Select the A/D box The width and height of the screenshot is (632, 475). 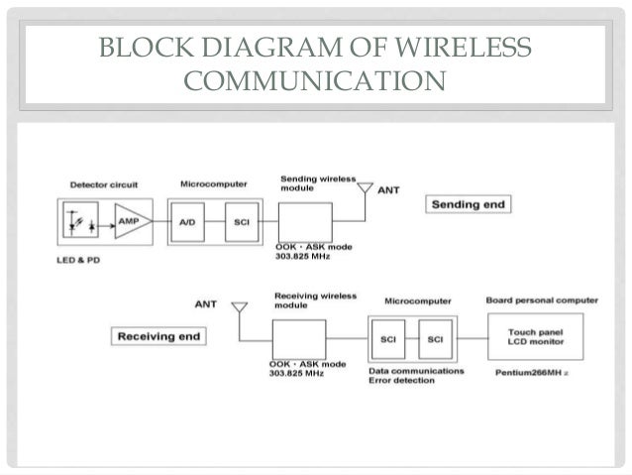[188, 222]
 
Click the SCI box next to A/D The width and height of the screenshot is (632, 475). [240, 222]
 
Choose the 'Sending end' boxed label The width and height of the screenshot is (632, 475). [467, 204]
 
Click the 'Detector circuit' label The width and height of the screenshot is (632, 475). [104, 185]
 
